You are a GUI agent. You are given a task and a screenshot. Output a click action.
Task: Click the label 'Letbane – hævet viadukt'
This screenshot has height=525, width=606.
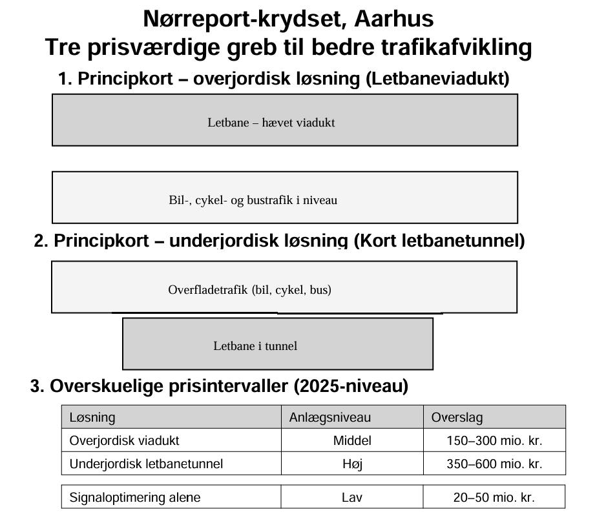click(x=271, y=122)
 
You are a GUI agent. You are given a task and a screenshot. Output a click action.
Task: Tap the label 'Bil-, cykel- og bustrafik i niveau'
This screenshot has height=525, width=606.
click(x=253, y=200)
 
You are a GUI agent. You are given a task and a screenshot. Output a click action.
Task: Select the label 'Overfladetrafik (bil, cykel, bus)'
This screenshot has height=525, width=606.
click(x=249, y=289)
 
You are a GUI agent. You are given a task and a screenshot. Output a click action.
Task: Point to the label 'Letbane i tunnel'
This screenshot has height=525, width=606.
click(x=255, y=345)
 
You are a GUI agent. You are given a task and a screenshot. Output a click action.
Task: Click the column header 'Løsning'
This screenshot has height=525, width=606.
click(x=92, y=417)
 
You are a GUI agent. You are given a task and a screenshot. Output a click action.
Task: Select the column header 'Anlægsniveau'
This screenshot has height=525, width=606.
click(x=329, y=417)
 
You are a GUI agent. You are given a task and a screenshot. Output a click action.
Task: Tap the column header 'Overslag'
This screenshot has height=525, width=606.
click(x=457, y=417)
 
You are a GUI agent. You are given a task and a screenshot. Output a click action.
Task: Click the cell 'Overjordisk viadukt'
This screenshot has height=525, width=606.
click(x=124, y=440)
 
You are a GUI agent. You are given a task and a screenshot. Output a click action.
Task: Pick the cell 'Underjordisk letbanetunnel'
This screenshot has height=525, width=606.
click(x=146, y=464)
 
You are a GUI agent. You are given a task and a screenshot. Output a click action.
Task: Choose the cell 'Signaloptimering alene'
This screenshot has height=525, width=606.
click(x=134, y=497)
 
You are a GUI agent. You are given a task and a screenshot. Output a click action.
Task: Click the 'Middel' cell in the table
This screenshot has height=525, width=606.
click(x=352, y=440)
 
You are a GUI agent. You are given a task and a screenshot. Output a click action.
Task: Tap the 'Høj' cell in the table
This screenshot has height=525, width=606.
click(x=352, y=464)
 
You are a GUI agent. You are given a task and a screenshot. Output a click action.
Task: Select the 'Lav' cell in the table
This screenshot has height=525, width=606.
click(x=352, y=497)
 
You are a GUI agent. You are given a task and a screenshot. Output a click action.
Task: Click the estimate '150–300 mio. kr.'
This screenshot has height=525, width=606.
click(x=494, y=440)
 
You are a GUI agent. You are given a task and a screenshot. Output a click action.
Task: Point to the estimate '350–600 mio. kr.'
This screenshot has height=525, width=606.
click(x=494, y=464)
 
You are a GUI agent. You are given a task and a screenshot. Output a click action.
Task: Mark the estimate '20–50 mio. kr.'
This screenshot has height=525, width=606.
click(x=494, y=497)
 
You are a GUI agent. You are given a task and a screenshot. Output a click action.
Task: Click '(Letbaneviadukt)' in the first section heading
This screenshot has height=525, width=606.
click(x=438, y=79)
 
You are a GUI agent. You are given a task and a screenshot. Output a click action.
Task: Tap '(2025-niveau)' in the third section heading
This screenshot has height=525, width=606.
click(x=351, y=386)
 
